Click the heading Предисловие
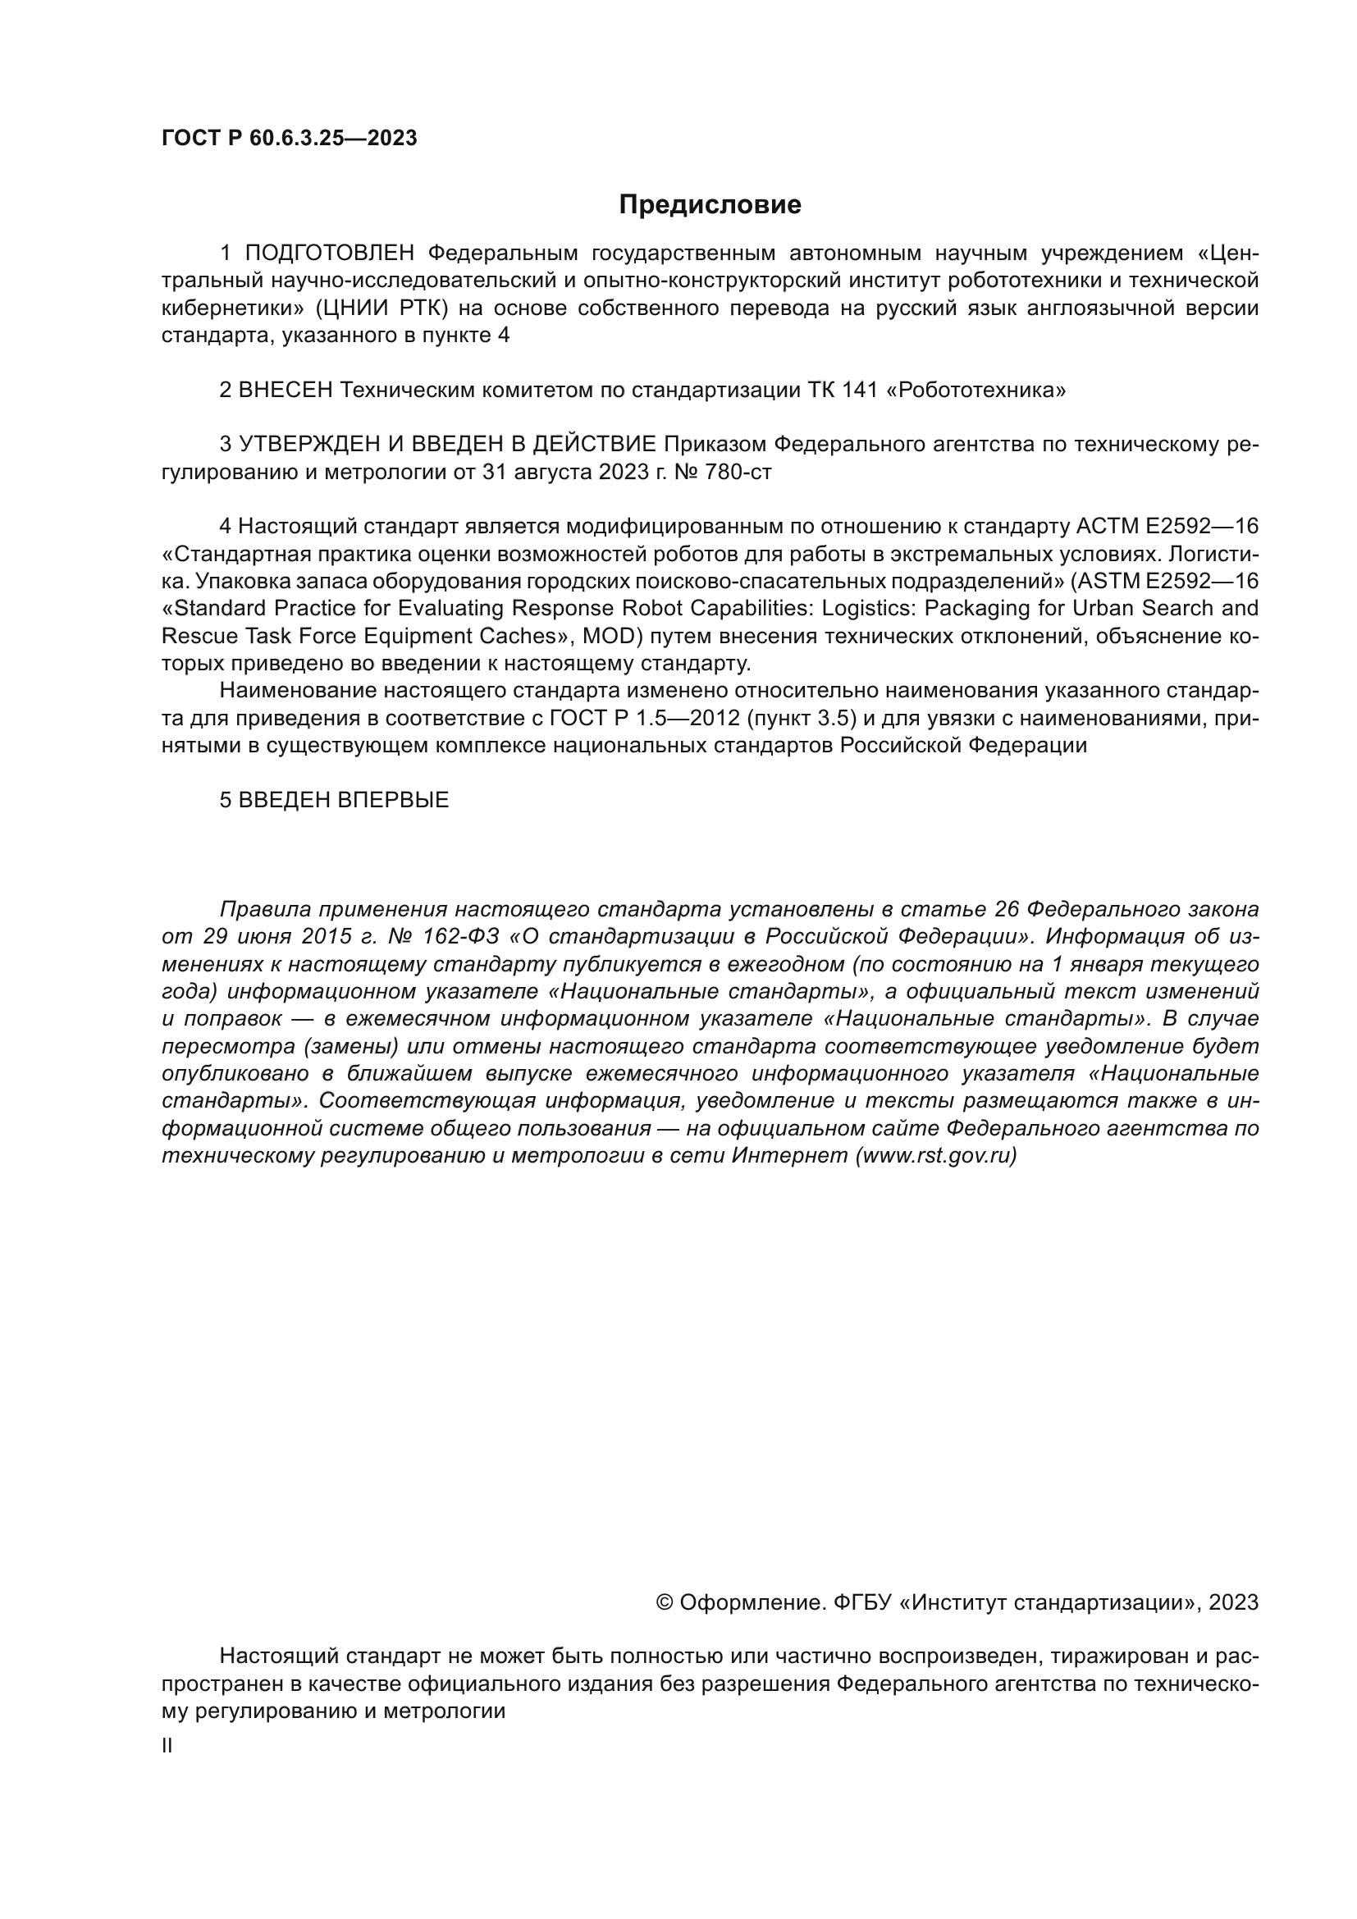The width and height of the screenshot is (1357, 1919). click(710, 205)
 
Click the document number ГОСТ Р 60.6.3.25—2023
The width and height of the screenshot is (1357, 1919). click(289, 139)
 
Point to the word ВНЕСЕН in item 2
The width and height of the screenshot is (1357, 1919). click(286, 391)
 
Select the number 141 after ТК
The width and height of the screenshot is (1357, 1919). click(861, 391)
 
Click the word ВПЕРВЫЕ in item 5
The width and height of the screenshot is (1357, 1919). click(393, 800)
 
